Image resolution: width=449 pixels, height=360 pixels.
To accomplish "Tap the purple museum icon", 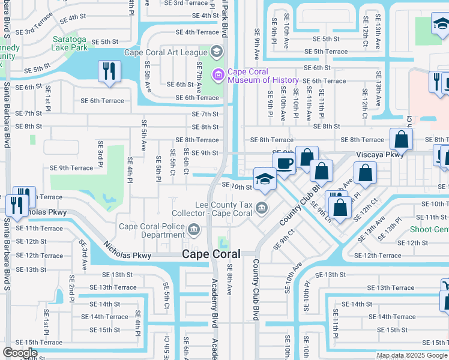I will [217, 75].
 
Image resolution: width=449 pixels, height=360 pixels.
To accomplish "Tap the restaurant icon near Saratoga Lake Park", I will [109, 71].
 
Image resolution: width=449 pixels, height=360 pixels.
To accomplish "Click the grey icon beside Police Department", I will [194, 229].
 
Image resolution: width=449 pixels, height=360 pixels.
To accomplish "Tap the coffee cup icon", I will [285, 163].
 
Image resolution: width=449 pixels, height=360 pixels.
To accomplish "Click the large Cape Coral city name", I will [211, 254].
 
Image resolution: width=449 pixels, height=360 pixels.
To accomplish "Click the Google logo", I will [20, 353].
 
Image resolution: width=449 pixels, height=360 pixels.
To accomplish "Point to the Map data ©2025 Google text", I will [412, 355].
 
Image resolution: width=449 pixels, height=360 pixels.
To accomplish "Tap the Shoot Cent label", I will [429, 230].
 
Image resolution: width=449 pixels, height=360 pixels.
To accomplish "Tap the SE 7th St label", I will [205, 114].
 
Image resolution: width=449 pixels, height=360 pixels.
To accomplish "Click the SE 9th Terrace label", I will [71, 168].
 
